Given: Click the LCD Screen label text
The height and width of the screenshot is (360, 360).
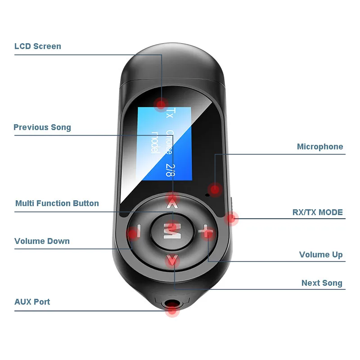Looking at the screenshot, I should click(38, 46).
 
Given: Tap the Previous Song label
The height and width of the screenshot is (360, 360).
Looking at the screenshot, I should click(42, 127).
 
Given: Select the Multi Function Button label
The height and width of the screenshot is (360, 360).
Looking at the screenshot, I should click(57, 203).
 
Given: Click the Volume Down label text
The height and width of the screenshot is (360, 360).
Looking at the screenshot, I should click(42, 241).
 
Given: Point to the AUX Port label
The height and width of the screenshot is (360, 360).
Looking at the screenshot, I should click(32, 302).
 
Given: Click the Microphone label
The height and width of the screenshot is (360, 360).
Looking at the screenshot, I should click(319, 147).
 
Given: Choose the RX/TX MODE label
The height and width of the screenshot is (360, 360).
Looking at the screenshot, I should click(318, 212).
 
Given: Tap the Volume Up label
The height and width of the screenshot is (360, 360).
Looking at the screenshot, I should click(321, 255).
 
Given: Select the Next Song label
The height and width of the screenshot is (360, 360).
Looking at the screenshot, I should click(322, 283).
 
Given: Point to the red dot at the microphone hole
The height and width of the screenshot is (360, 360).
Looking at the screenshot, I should click(216, 189).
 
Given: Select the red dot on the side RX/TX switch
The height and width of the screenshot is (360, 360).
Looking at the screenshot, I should click(231, 218).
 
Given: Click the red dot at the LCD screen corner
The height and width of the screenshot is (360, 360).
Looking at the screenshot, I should click(161, 104).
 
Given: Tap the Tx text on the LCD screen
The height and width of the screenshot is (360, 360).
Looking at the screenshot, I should click(170, 113).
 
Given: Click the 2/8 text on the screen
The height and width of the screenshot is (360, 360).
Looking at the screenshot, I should click(170, 171).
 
